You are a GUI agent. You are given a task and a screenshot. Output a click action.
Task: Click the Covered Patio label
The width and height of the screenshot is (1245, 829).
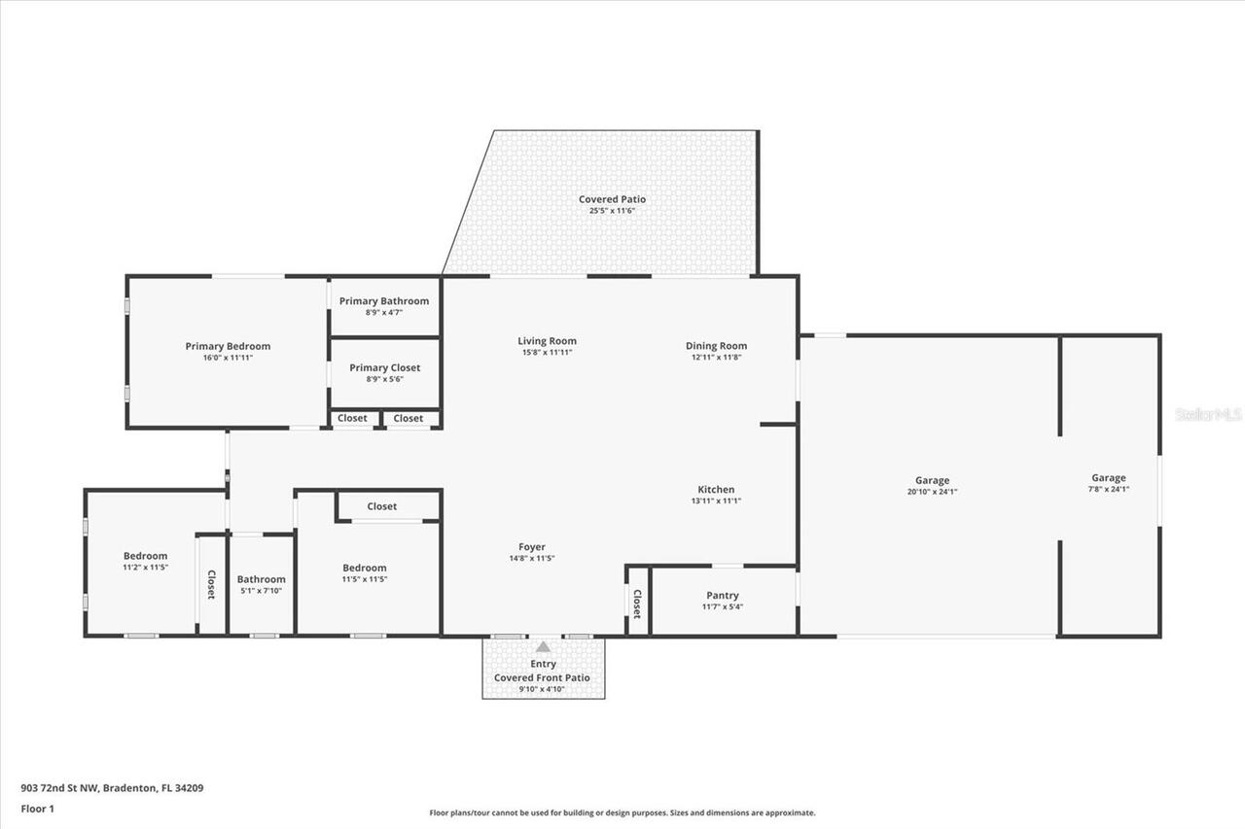pos(612,199)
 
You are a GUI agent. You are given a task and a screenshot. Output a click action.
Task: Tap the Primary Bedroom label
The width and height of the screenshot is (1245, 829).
pos(228,346)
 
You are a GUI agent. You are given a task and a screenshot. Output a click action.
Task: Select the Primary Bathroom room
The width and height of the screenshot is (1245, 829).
pos(384,306)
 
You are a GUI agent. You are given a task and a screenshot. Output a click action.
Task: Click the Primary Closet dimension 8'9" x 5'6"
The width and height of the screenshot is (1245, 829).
pos(384,379)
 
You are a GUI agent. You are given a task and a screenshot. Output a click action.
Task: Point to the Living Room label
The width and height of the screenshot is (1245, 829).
pos(547,341)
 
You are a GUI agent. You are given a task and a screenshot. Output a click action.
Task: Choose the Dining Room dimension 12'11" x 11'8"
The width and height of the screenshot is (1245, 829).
pos(716,357)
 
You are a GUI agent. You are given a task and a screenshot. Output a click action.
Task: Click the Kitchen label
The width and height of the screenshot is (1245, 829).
pos(716,489)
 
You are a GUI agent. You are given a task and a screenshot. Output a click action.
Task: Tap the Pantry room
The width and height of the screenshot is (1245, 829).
pos(722,601)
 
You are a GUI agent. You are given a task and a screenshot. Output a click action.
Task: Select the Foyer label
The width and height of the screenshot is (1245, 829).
pos(531,547)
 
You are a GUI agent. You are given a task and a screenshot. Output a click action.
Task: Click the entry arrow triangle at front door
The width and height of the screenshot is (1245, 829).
pos(544,646)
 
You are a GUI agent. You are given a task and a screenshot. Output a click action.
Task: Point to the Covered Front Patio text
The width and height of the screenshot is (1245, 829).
pos(542,677)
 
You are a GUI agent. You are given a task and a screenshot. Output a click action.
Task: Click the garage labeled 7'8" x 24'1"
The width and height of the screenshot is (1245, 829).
pos(1108,483)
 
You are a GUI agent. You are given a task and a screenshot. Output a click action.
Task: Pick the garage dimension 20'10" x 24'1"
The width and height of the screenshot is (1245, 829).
pos(932,492)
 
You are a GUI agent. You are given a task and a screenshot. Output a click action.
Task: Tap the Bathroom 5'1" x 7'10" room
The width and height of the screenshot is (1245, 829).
pos(261,584)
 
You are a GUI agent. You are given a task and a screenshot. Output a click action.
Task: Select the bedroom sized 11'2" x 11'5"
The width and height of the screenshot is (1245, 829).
pos(145,561)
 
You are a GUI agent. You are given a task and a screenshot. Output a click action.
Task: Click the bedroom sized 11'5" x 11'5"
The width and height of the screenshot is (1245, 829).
pos(364,573)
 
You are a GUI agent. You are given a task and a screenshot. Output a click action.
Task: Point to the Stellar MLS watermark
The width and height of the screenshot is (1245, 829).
pos(1208,414)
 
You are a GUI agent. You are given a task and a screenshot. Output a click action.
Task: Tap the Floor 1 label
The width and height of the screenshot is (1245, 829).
pos(37,808)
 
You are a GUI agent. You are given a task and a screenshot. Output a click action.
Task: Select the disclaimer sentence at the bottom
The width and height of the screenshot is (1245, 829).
pos(622,812)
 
